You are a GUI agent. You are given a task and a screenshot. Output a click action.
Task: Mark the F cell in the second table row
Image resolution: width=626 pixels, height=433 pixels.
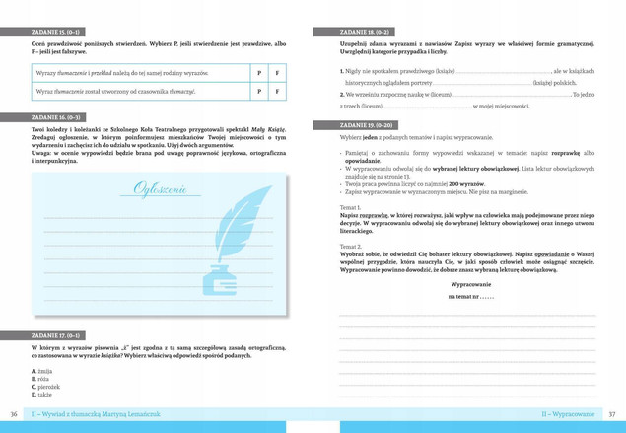point(277,92)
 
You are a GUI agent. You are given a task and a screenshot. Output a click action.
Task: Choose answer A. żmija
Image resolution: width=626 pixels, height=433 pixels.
point(44,370)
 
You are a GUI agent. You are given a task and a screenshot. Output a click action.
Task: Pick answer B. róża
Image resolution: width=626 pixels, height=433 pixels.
point(42,379)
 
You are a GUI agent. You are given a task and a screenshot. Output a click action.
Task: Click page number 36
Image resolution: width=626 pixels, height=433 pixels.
point(14,413)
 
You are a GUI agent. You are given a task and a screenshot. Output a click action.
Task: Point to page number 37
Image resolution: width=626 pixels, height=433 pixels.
point(612,413)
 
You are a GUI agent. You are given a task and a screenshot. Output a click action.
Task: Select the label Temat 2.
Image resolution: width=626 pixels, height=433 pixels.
point(350,245)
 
